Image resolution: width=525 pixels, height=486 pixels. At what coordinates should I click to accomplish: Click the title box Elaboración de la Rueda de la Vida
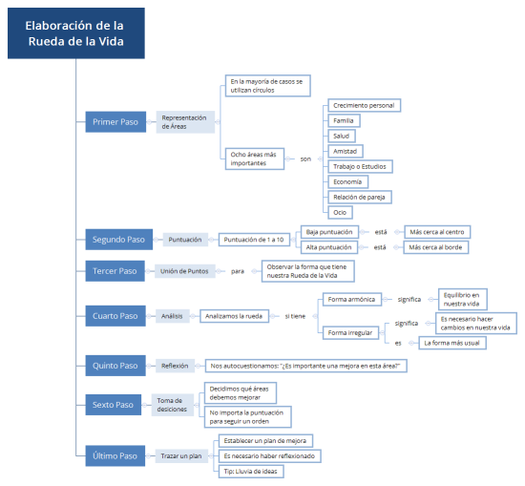click(x=74, y=33)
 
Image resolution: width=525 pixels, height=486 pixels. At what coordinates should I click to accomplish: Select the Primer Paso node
click(x=115, y=122)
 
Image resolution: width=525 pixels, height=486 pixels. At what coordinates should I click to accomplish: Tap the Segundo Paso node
click(x=118, y=240)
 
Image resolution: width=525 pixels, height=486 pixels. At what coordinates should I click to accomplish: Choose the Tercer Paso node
click(x=115, y=271)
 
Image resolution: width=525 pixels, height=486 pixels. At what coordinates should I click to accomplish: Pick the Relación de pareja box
click(x=359, y=197)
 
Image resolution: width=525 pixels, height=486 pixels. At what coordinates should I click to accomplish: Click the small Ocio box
click(x=339, y=212)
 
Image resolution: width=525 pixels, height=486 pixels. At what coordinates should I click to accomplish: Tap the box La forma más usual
click(x=453, y=342)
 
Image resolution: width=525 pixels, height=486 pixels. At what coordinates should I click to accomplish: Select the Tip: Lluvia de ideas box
click(x=250, y=471)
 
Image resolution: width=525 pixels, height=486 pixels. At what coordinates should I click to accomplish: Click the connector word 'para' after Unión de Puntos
click(x=238, y=271)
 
